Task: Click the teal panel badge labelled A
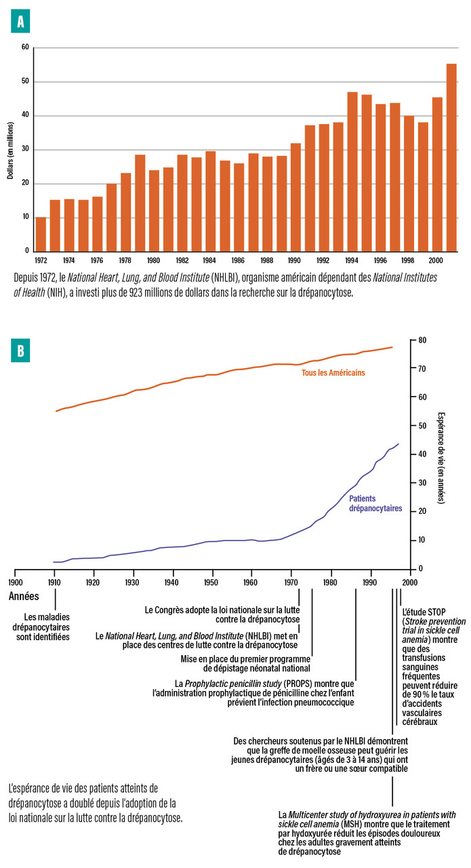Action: coord(20,22)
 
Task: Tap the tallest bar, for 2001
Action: coord(451,157)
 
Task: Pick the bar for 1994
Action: coord(352,172)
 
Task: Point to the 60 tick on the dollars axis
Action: coord(25,47)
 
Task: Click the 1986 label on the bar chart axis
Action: coord(239,260)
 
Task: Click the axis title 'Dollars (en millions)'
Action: coord(11,150)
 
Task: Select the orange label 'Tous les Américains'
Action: coord(333,372)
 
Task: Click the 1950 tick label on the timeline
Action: coord(211,583)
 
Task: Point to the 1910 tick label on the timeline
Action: coord(54,583)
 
